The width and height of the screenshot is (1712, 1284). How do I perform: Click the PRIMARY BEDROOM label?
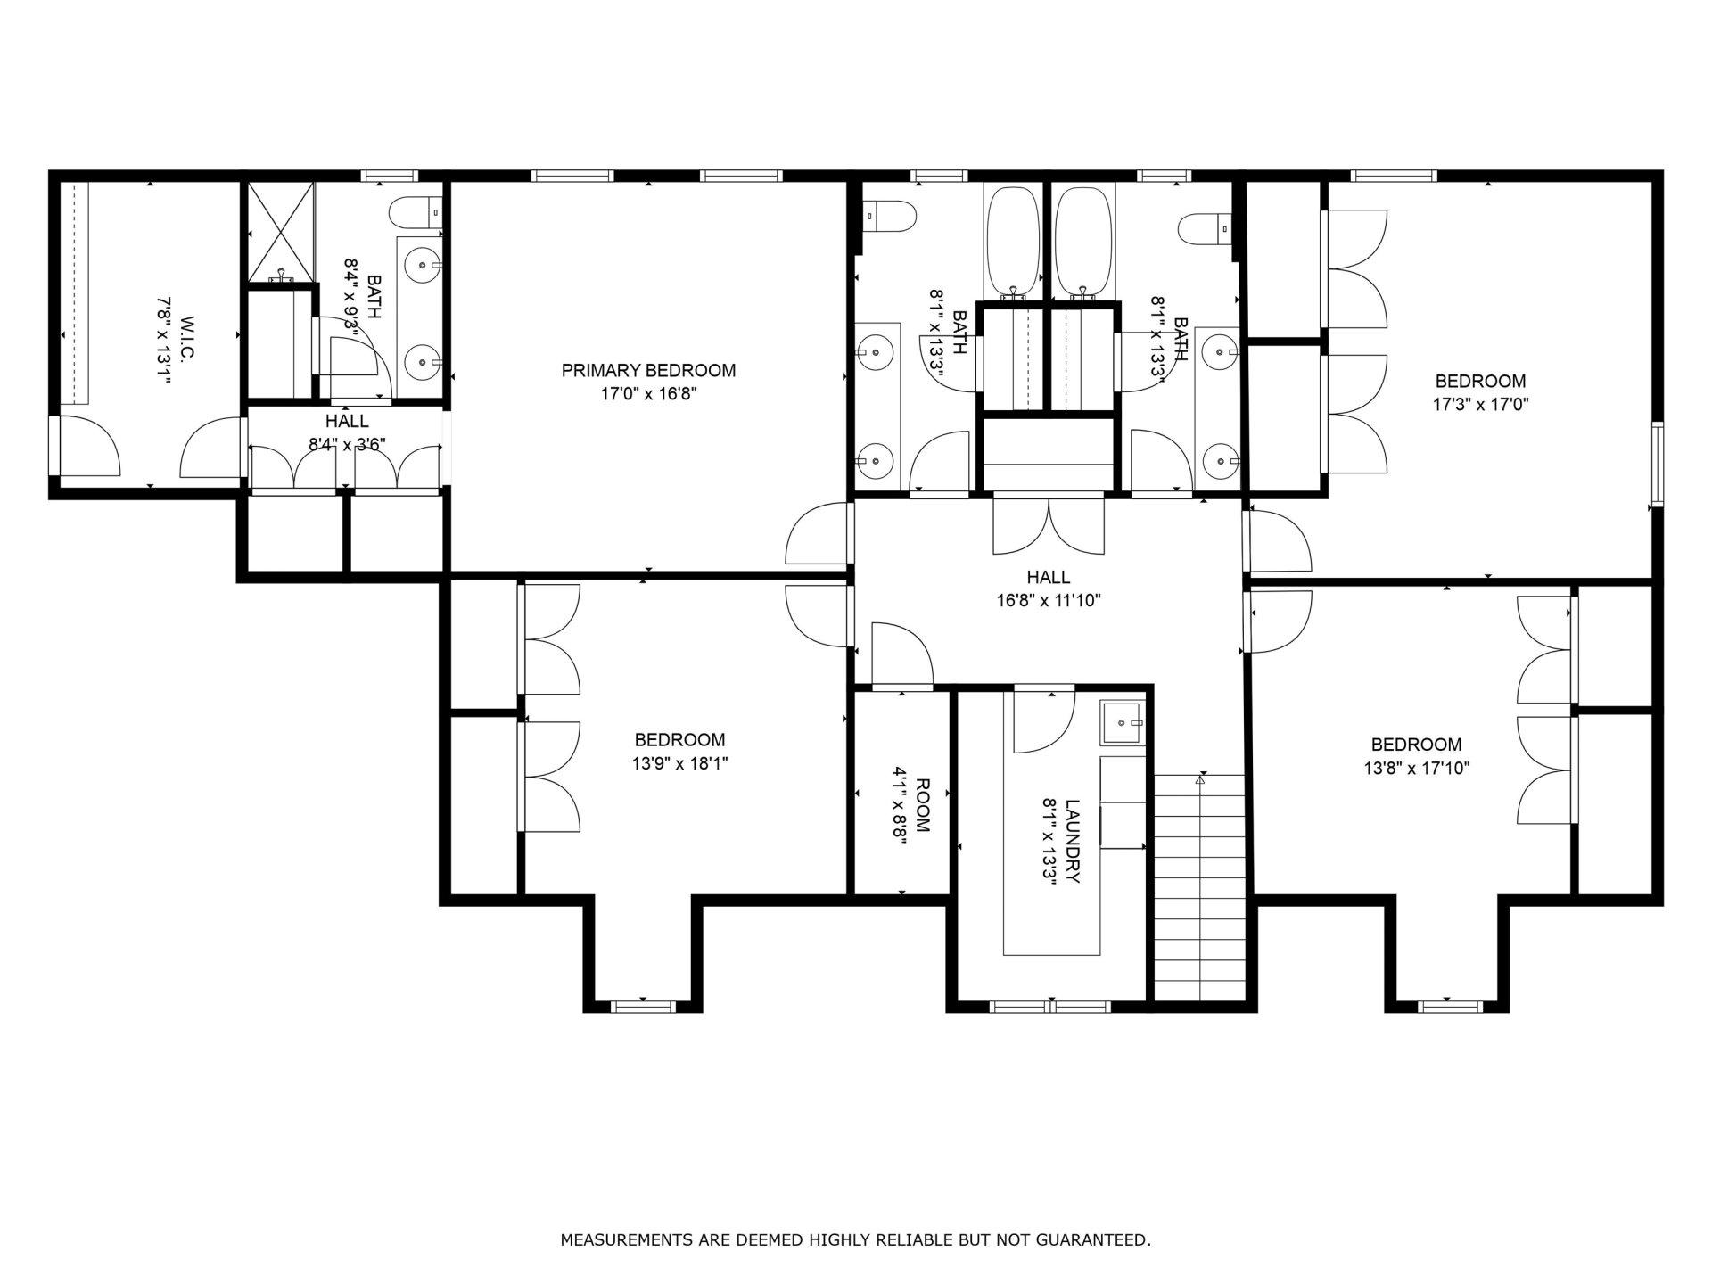click(x=648, y=370)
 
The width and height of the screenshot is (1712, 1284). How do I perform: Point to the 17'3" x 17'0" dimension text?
click(x=1481, y=404)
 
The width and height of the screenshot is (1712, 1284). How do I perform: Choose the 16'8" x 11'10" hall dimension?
click(x=1049, y=600)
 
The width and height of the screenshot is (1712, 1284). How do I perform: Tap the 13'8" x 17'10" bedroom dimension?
click(x=1417, y=768)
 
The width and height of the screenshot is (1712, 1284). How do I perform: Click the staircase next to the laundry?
click(x=1200, y=888)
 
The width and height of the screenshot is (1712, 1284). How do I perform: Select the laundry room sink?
click(x=1123, y=722)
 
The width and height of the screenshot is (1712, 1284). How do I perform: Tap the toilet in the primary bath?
click(x=416, y=212)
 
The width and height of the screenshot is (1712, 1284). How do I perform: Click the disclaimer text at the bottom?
click(x=855, y=1239)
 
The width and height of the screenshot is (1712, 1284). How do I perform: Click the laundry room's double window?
click(x=1050, y=1007)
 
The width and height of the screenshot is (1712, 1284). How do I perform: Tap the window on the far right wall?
click(x=1657, y=465)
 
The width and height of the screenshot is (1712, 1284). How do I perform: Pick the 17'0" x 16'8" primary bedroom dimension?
click(x=648, y=394)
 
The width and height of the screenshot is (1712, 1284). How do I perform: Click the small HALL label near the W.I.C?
click(x=347, y=421)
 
